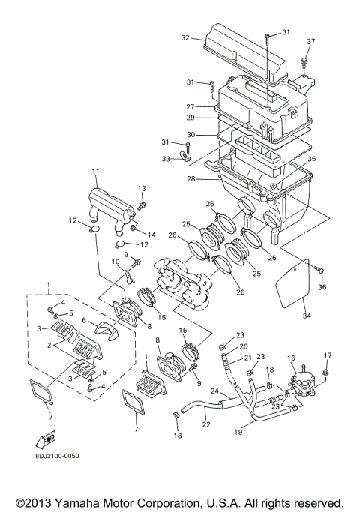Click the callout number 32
(x=184, y=36)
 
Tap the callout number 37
(x=311, y=41)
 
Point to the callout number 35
(x=311, y=159)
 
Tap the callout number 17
(x=327, y=355)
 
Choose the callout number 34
(x=306, y=315)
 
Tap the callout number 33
(x=166, y=159)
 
